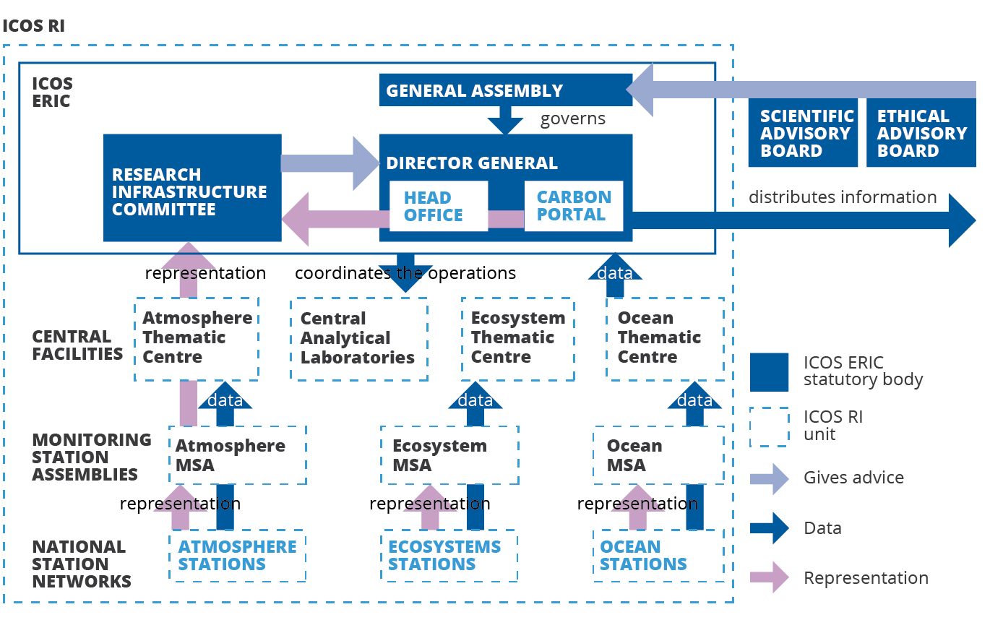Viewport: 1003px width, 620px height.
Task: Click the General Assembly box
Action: click(505, 90)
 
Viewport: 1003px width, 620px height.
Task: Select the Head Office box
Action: click(438, 207)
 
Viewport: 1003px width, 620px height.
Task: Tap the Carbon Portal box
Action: click(574, 206)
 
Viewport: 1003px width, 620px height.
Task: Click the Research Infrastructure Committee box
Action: click(191, 188)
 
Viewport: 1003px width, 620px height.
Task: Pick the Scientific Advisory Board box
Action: click(803, 134)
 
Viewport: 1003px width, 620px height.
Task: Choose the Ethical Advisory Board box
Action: click(921, 134)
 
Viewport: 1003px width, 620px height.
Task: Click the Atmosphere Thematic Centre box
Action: click(197, 338)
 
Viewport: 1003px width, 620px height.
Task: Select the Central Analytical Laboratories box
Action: click(358, 339)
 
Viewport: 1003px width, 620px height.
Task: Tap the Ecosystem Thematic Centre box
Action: click(517, 338)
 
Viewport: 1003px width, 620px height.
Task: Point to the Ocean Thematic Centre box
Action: click(665, 338)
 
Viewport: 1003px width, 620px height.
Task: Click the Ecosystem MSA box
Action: click(449, 455)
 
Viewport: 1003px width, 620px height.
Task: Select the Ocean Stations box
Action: click(658, 556)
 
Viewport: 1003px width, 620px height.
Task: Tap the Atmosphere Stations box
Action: click(238, 556)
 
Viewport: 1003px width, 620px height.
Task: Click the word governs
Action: click(573, 119)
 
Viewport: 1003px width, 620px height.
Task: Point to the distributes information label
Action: click(842, 197)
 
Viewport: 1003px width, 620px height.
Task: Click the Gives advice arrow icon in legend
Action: click(770, 478)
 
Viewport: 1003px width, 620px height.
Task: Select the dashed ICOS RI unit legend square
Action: click(769, 427)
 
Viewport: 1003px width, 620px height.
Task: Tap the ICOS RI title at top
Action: click(34, 27)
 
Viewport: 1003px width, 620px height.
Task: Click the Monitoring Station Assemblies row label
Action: click(92, 457)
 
